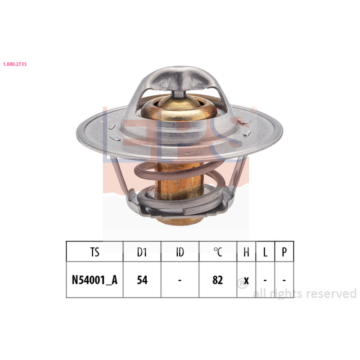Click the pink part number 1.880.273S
[15, 64]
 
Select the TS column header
[94, 252]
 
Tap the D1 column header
[142, 252]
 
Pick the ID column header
[180, 252]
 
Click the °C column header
[218, 252]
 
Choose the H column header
[246, 252]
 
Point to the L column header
[265, 252]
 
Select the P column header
[284, 252]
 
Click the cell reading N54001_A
[94, 280]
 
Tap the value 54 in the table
[142, 280]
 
